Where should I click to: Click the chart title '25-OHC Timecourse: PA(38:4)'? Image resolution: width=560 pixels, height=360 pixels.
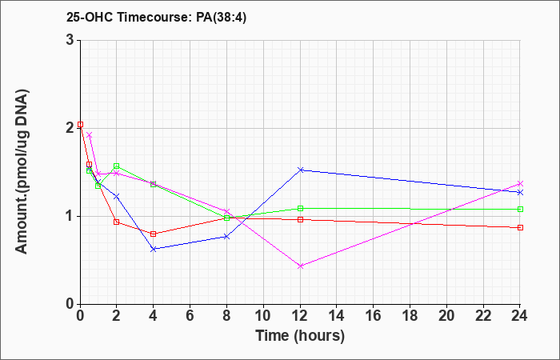157,18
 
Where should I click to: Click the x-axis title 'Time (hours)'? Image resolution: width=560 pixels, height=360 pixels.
300,336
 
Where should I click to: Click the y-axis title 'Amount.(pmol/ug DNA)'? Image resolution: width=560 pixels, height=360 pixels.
22,171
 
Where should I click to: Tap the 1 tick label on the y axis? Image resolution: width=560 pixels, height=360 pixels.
70,217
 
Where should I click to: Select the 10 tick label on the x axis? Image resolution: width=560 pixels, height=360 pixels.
263,316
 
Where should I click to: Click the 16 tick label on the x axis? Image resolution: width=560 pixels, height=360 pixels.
374,316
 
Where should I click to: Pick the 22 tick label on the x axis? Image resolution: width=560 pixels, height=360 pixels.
483,316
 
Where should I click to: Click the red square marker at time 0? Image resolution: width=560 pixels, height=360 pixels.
80,124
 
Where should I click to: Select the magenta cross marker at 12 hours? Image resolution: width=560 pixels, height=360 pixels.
300,266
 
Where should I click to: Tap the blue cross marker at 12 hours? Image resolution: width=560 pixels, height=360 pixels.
300,170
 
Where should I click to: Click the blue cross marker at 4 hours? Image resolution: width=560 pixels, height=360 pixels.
154,249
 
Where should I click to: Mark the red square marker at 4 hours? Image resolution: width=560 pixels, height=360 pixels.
154,234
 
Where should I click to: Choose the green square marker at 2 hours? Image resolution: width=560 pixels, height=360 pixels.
117,166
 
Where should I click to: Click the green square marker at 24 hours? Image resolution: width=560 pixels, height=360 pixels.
520,209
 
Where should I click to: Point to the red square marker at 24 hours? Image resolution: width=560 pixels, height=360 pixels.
520,227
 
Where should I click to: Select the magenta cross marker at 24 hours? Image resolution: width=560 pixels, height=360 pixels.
520,183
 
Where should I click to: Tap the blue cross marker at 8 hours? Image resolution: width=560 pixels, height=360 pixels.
226,237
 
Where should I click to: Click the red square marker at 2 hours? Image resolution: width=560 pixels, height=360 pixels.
117,222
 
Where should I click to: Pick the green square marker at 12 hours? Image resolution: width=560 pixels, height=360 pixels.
300,208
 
